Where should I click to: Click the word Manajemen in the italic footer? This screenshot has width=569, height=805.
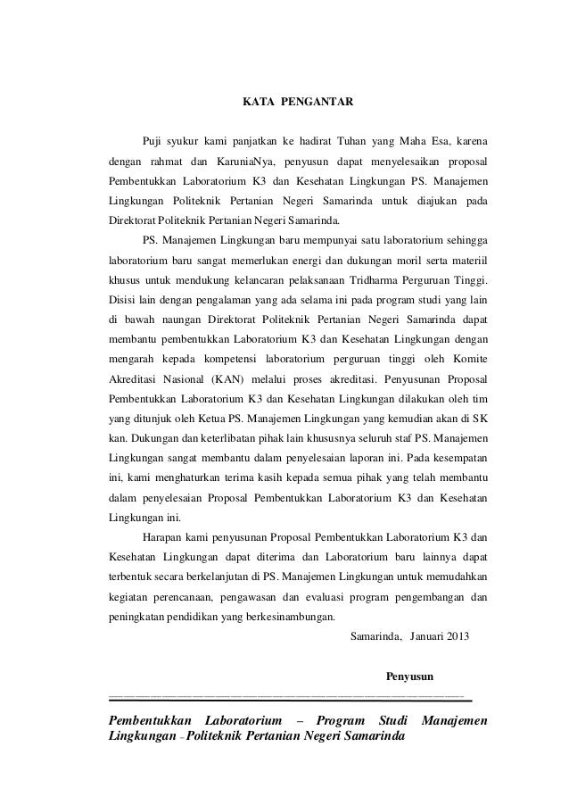[454, 719]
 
